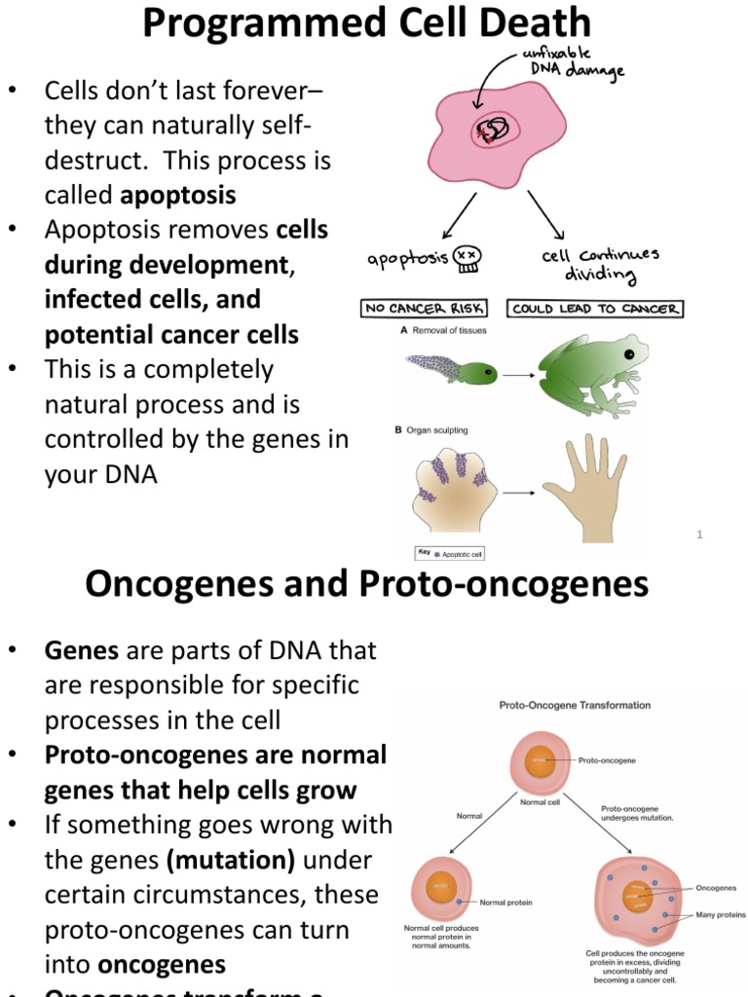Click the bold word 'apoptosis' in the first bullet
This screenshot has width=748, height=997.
click(x=178, y=195)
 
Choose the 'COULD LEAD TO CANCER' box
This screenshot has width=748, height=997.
click(x=595, y=309)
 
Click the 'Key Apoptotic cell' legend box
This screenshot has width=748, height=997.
click(x=450, y=553)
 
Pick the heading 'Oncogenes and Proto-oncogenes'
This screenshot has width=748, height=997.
click(x=367, y=584)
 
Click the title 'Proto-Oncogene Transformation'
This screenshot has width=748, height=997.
click(x=575, y=704)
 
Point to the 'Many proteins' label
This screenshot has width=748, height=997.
click(x=721, y=915)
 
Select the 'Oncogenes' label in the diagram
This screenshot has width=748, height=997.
click(x=716, y=888)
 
